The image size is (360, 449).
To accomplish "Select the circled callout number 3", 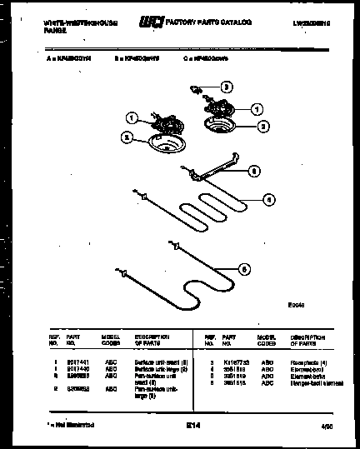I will (226, 86).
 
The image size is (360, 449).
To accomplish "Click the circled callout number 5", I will (243, 268).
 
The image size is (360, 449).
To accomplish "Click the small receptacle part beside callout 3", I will (196, 87).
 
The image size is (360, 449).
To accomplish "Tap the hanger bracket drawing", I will (216, 172).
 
